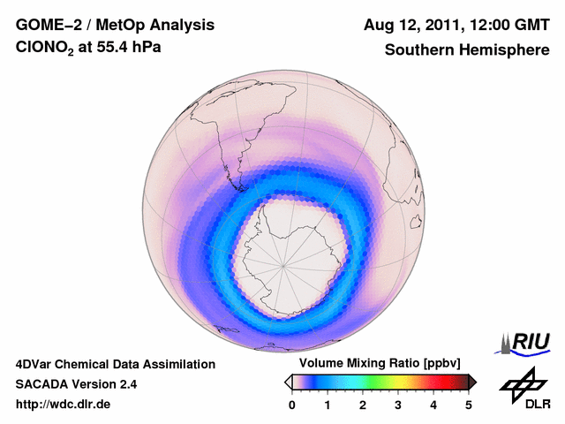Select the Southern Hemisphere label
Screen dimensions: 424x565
click(466, 50)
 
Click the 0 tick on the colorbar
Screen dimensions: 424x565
click(292, 405)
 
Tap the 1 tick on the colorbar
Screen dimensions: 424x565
click(328, 405)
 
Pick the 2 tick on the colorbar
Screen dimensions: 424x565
click(363, 405)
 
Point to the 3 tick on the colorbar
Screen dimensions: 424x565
click(398, 405)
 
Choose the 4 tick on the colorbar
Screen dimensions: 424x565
click(433, 405)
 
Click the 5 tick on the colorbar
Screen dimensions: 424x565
click(469, 405)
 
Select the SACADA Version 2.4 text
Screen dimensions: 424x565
click(76, 384)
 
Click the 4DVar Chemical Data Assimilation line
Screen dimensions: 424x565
click(115, 364)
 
